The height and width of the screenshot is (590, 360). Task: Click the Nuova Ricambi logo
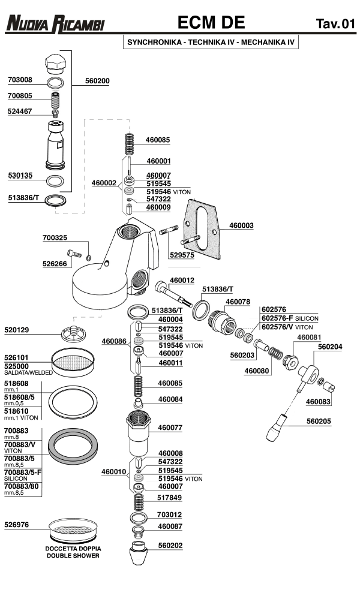(x=55, y=23)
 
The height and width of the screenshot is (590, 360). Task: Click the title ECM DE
(x=211, y=23)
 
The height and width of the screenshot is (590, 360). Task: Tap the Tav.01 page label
(x=335, y=24)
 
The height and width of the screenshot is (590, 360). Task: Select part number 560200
(x=97, y=80)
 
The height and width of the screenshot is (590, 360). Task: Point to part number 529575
(x=182, y=255)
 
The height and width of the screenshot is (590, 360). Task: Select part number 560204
(x=330, y=346)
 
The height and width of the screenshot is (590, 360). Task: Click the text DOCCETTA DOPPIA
(x=73, y=549)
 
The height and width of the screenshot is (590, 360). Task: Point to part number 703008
(x=20, y=80)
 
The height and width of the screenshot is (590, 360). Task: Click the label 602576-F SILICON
(x=289, y=318)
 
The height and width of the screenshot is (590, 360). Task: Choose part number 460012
(x=181, y=280)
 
